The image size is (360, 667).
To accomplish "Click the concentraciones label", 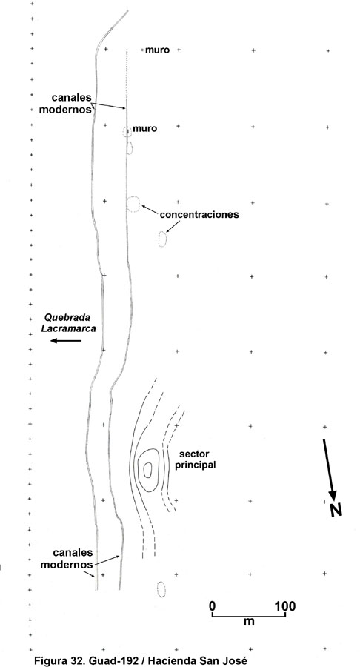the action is tap(199, 214).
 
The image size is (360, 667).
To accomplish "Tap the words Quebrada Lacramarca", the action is tap(70, 322).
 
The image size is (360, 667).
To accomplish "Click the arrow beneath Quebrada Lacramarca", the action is tap(66, 340).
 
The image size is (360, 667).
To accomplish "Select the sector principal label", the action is tap(196, 459).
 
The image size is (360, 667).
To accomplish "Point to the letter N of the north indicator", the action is tap(336, 510).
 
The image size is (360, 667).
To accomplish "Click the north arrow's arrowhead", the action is tap(333, 495).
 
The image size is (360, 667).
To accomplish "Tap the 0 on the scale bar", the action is tap(213, 605).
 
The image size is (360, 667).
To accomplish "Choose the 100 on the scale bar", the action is tap(285, 605).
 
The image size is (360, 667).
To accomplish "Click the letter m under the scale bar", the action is tap(249, 622).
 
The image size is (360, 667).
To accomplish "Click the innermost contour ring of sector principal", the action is tap(144, 470).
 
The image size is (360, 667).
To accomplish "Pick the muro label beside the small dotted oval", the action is tap(145, 128).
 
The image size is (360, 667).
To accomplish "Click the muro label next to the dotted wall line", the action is tap(157, 50).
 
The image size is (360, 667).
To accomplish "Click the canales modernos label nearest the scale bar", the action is tap(73, 559).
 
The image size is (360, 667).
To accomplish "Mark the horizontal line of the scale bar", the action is tap(249, 616).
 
